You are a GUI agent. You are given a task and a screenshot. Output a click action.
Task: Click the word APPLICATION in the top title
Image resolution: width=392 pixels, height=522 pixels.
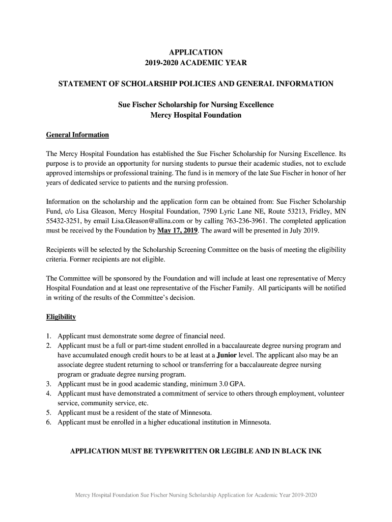[x=195, y=52]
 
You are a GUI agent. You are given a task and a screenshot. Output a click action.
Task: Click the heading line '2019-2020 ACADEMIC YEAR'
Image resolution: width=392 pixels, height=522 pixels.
[x=195, y=63]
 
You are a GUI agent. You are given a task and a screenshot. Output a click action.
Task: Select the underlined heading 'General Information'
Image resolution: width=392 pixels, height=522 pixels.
[x=77, y=135]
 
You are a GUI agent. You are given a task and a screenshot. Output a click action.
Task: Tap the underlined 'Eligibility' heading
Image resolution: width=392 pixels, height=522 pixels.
[x=61, y=317]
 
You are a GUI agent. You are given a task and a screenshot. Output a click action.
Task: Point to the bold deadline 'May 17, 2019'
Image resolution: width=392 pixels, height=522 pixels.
[x=178, y=231]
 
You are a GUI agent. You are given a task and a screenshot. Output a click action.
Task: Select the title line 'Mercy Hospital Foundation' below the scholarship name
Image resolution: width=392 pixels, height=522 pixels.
[x=195, y=115]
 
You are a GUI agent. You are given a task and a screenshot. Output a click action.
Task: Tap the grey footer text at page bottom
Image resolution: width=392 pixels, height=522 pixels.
[x=195, y=495]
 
